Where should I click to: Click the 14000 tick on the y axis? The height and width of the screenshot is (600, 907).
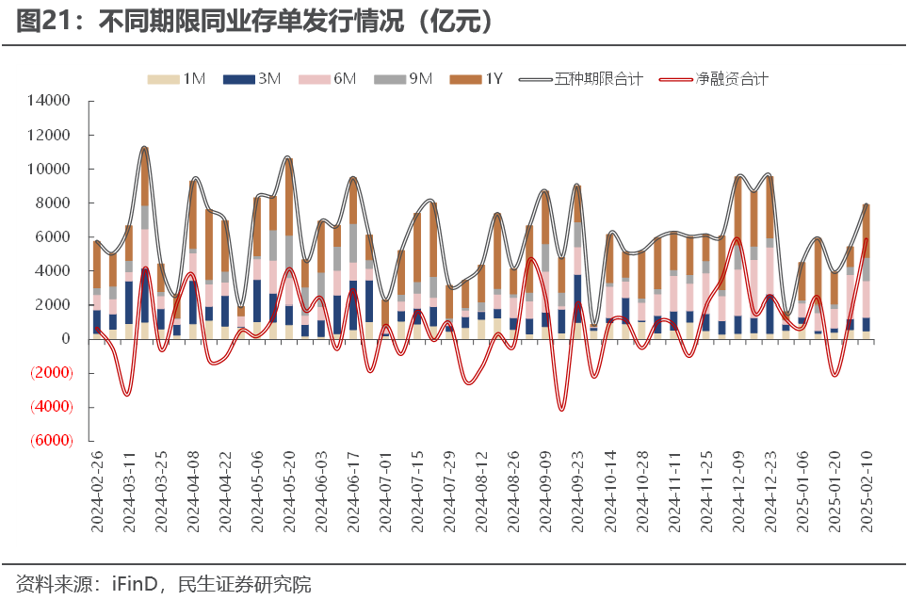(x=50, y=101)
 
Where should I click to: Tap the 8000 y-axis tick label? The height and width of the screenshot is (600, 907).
(x=54, y=203)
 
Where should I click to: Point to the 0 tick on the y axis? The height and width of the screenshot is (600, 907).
(x=66, y=339)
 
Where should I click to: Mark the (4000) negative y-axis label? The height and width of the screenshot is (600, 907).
(x=49, y=407)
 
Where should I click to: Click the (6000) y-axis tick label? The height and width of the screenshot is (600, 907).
(x=49, y=441)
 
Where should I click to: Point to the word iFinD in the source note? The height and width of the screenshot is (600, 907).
(x=135, y=584)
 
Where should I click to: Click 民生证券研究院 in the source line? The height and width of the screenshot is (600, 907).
(x=244, y=584)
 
